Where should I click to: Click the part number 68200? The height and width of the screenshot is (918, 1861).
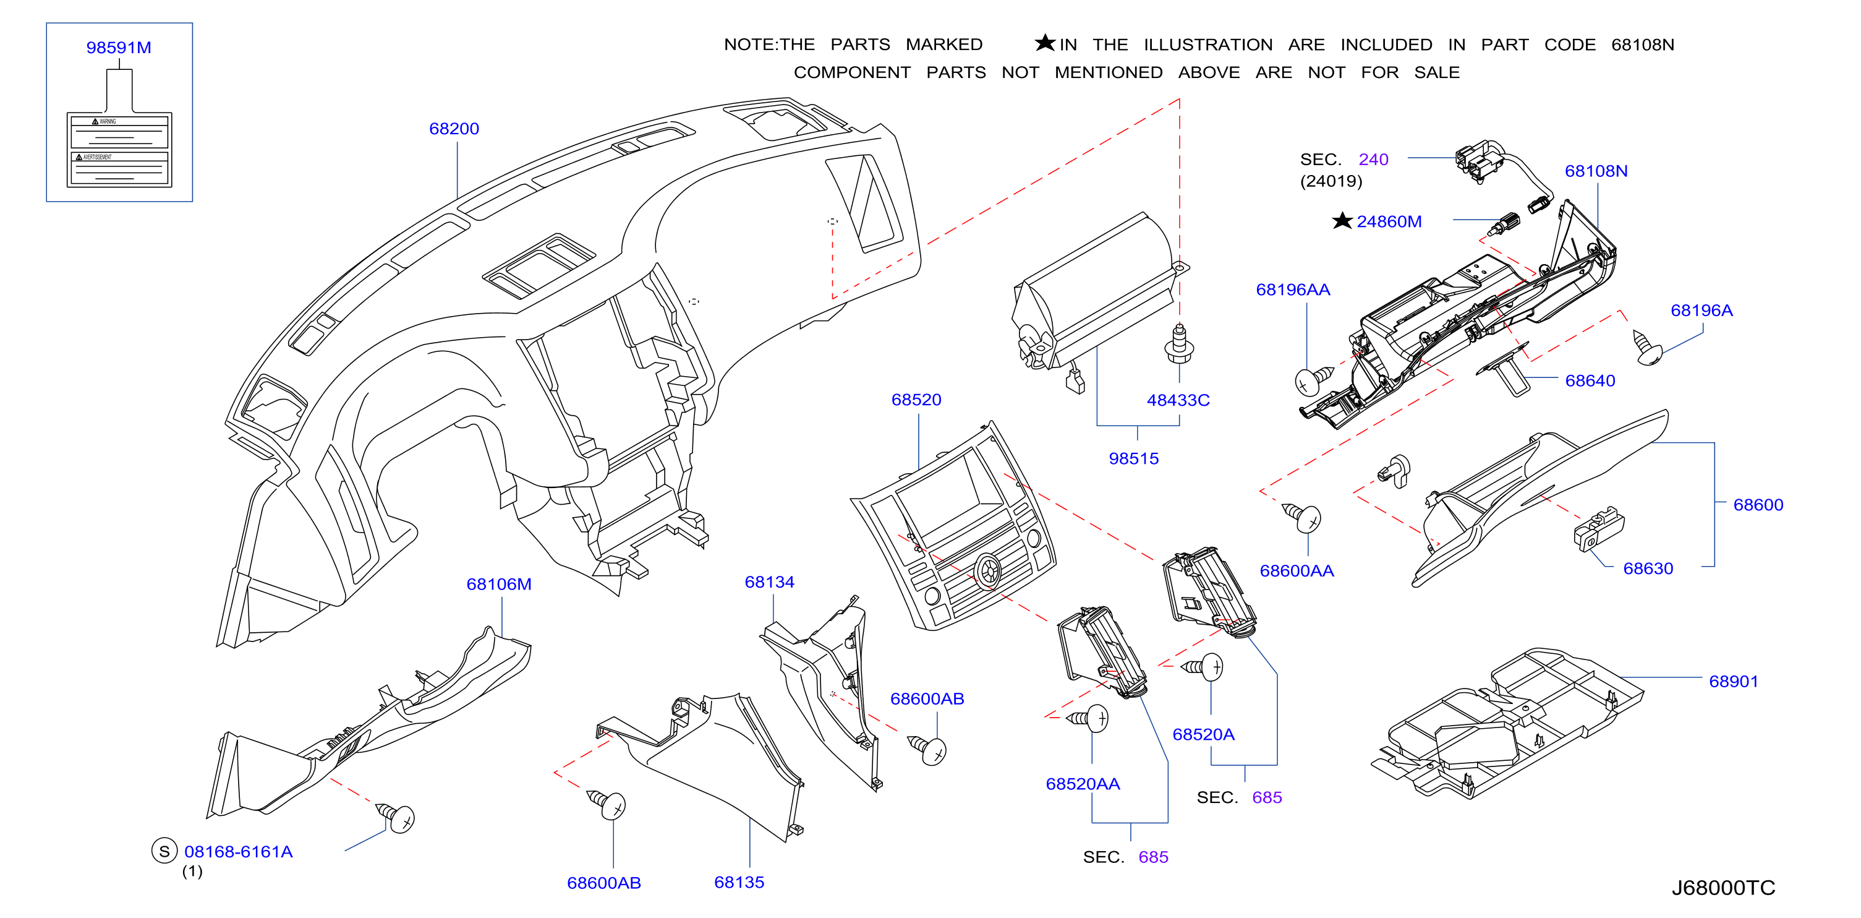coord(454,129)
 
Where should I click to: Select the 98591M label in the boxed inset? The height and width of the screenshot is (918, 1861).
coord(119,48)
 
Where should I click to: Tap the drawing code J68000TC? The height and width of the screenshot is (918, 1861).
coord(1723,888)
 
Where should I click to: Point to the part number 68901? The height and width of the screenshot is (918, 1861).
coord(1733,681)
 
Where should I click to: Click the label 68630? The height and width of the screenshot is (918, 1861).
coord(1648,568)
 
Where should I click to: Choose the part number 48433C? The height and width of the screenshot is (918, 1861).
coord(1178,400)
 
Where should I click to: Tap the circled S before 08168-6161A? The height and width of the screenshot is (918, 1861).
coord(164,851)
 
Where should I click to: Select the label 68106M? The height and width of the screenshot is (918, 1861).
coord(498,584)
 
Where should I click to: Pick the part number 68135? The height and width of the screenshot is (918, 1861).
coord(739,882)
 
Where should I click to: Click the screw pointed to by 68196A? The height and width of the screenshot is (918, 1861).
coord(1648,348)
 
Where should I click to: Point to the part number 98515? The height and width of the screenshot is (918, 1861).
coord(1133,458)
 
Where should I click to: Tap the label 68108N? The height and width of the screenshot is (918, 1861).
coord(1596,171)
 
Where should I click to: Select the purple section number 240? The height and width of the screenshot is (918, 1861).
coord(1373,159)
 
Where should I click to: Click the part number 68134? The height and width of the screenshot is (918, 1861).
coord(769,582)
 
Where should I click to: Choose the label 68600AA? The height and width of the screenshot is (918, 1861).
coord(1297,570)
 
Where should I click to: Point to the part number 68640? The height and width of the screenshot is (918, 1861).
coord(1590,381)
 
